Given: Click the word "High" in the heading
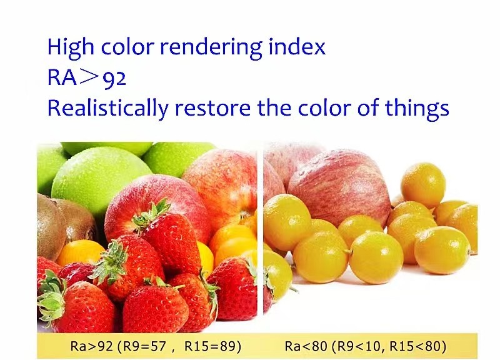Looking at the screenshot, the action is [71, 48].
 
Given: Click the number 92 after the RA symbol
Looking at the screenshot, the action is [115, 79].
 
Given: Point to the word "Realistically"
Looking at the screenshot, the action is [107, 109].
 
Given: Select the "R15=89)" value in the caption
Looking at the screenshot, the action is [212, 346].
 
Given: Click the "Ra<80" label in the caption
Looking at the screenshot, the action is [305, 346].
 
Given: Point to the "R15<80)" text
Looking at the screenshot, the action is [418, 346].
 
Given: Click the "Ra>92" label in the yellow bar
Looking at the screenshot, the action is [91, 346].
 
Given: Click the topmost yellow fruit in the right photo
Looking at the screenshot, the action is [423, 185].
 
